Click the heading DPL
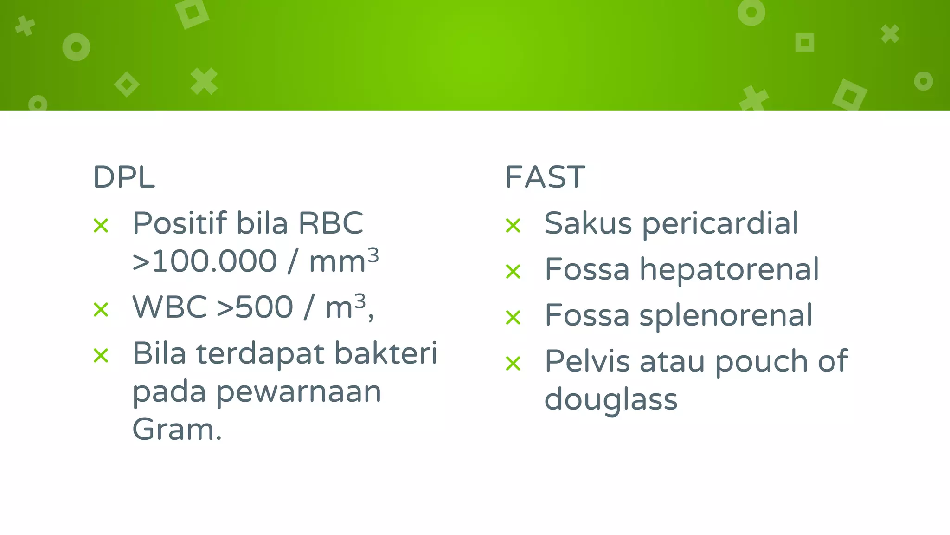tap(124, 177)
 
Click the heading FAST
tap(545, 177)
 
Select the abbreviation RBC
tap(331, 223)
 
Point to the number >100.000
tap(205, 261)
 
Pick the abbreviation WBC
tap(169, 307)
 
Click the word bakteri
tap(385, 353)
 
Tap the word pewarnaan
tap(298, 392)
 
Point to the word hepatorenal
tap(729, 269)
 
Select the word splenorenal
tap(725, 316)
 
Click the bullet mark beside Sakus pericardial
tap(514, 226)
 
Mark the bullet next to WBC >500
tap(101, 310)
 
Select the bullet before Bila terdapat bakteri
tap(101, 356)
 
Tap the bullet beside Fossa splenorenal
tap(514, 318)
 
